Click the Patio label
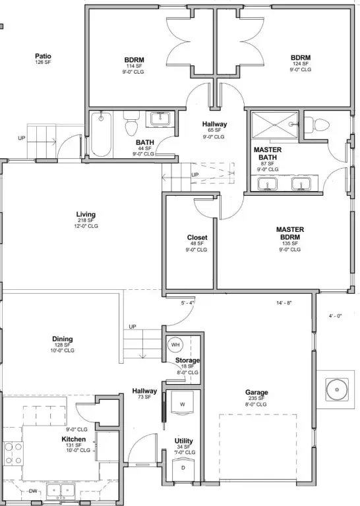click(x=44, y=57)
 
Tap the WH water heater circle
click(x=175, y=345)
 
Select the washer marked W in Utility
click(x=182, y=403)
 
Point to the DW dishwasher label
click(x=33, y=491)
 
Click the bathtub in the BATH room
click(x=102, y=134)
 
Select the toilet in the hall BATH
click(x=131, y=124)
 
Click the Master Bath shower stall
click(x=274, y=125)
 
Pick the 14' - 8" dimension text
click(x=284, y=303)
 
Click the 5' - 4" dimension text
click(x=188, y=303)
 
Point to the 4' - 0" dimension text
click(x=335, y=316)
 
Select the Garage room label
click(x=256, y=393)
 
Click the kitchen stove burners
click(x=13, y=453)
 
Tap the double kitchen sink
click(x=61, y=490)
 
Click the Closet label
click(x=197, y=237)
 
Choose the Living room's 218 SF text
click(x=86, y=221)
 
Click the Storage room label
click(x=187, y=360)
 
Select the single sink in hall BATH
click(x=160, y=119)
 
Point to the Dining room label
click(x=63, y=339)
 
